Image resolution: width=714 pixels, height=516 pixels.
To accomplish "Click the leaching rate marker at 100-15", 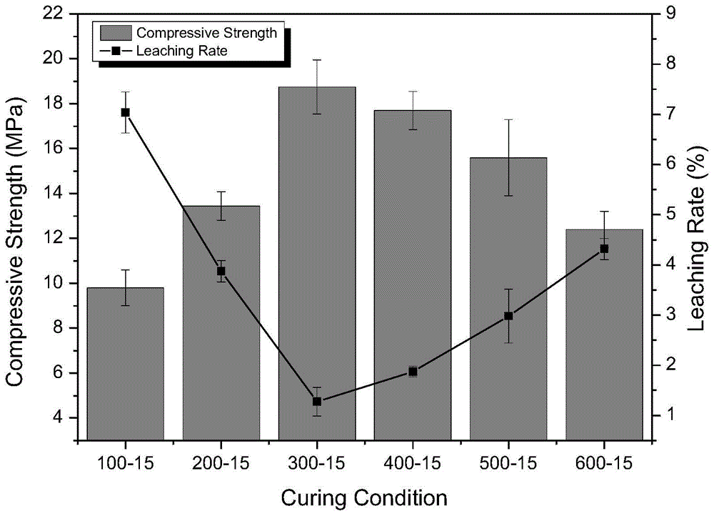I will pos(125,112).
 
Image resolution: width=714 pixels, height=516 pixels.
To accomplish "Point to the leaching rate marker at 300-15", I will pos(317,402).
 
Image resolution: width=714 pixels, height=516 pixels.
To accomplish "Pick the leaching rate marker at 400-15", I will pos(413,372).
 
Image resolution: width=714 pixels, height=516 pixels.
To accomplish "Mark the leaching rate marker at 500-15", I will pos(508,316).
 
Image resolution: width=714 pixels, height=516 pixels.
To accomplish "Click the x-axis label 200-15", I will pos(221,463).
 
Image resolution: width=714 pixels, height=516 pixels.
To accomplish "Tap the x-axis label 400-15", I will pos(413,463).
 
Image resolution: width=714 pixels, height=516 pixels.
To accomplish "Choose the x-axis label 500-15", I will pos(508,463).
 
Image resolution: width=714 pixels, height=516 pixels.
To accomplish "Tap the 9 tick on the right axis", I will pos(672,13).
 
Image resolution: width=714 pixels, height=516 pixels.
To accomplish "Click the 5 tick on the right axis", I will pos(672,214).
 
